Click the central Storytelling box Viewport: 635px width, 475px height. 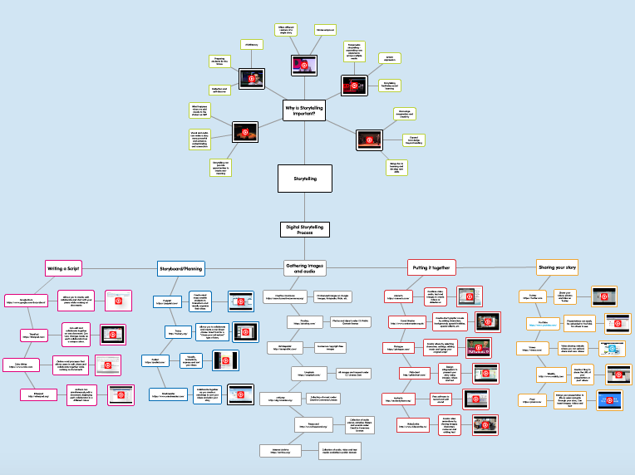305,178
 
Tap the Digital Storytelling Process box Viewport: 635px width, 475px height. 305,229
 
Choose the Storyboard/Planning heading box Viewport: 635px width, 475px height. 181,267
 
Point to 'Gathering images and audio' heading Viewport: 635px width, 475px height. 305,267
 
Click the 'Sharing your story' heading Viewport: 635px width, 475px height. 557,267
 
